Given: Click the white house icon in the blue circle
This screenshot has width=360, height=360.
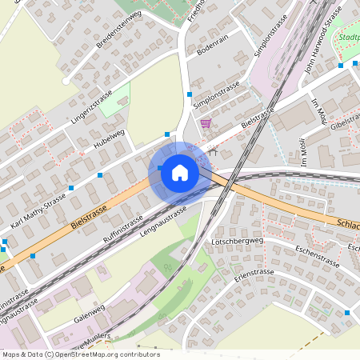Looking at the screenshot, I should click(x=179, y=173).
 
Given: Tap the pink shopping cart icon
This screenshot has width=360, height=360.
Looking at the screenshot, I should click(x=206, y=123).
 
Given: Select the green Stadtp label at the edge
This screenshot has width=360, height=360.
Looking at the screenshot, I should click(x=349, y=38).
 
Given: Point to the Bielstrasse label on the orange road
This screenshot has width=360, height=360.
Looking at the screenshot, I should click(x=89, y=217).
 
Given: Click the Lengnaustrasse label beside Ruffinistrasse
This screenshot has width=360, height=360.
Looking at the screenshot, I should click(x=162, y=220).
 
